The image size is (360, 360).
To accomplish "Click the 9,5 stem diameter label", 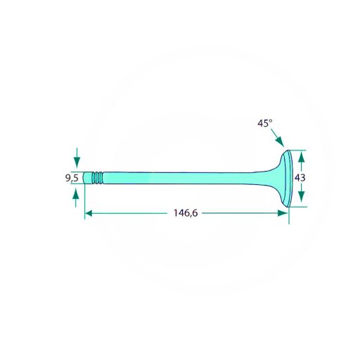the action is [72, 179].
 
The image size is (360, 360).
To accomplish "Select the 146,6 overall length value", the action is [186, 213].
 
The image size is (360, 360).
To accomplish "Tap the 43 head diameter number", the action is [300, 178].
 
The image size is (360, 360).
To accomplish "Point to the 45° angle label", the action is [265, 123].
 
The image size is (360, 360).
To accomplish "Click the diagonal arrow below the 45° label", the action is [278, 138].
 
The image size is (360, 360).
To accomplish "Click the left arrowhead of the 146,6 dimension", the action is [89, 213].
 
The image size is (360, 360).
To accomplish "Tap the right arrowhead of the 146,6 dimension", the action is [283, 213].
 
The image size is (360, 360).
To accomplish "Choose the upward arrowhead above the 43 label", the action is [302, 156].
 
